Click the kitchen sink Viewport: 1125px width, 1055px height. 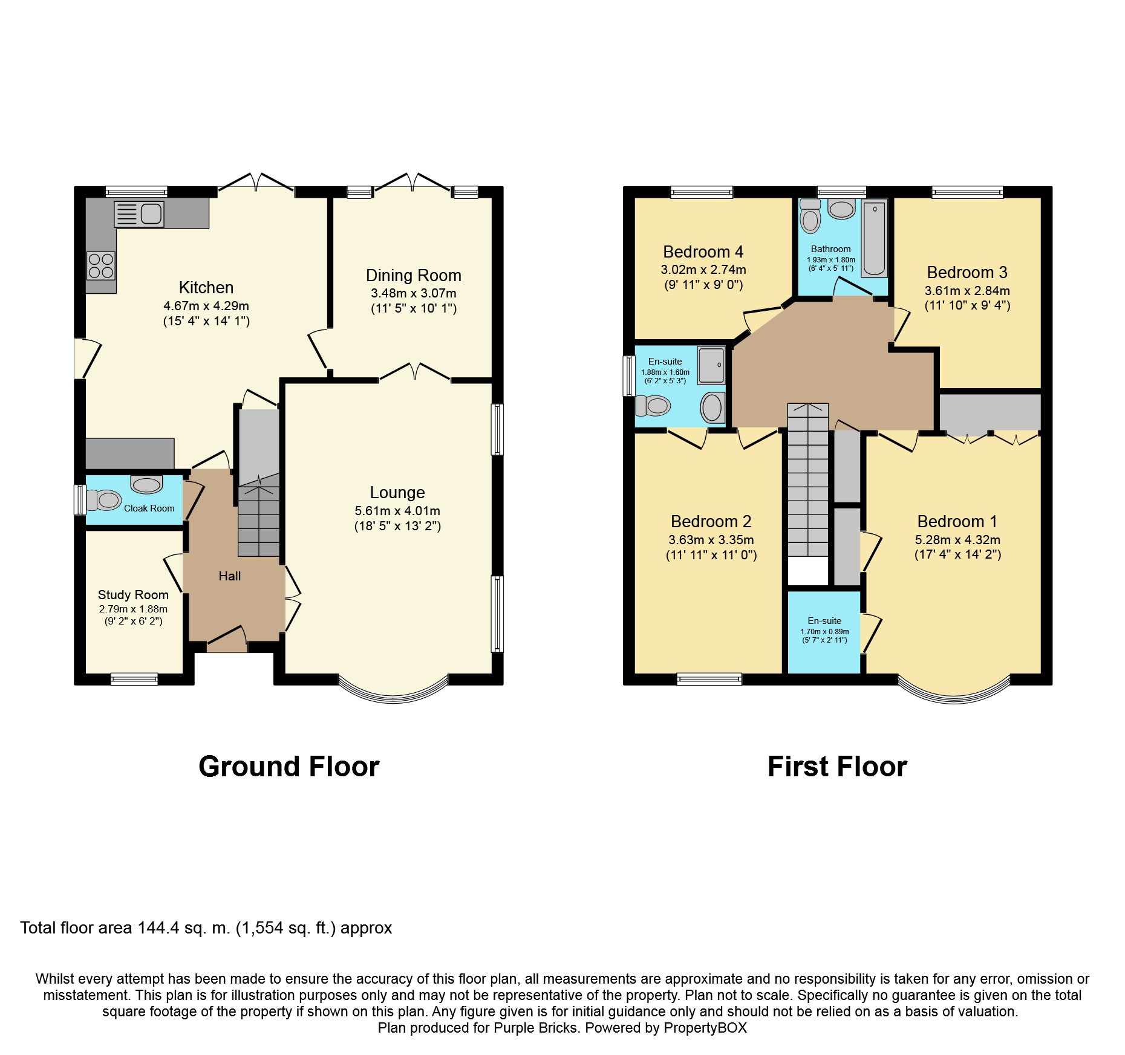click(x=139, y=214)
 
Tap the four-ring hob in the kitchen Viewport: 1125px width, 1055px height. click(x=101, y=265)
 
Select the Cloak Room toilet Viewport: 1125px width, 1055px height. click(x=103, y=501)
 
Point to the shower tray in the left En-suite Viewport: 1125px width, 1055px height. click(x=711, y=365)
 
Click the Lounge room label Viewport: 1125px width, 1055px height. click(x=397, y=493)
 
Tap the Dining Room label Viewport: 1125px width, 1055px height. click(x=414, y=276)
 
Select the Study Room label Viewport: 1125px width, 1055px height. click(x=133, y=595)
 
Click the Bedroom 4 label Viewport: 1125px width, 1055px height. click(x=703, y=252)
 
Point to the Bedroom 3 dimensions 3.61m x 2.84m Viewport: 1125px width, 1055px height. click(x=967, y=291)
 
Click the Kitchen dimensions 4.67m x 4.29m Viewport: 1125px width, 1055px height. click(x=206, y=306)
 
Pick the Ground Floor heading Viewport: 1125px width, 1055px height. click(x=289, y=767)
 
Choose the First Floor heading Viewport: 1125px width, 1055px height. click(x=837, y=767)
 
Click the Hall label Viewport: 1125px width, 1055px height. click(x=230, y=577)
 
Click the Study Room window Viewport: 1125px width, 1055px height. click(x=134, y=679)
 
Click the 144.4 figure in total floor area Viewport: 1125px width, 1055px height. click(x=158, y=928)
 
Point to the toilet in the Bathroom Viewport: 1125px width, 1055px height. click(x=810, y=216)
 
